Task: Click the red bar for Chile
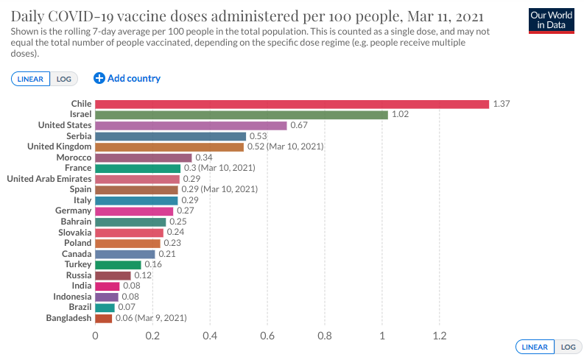(292, 105)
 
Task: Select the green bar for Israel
(242, 115)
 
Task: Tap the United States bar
(191, 125)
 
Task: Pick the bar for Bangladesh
(104, 318)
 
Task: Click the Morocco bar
(144, 158)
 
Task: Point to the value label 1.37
(502, 104)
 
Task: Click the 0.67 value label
(299, 125)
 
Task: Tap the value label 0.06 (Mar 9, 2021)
(151, 318)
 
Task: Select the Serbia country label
(79, 136)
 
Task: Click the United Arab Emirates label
(49, 179)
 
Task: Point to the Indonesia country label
(72, 297)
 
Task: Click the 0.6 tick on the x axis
(267, 336)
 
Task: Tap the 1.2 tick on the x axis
(440, 336)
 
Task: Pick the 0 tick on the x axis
(95, 336)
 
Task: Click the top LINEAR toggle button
(30, 79)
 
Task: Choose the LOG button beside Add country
(63, 79)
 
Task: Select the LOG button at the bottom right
(568, 347)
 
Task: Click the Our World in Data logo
(552, 21)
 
